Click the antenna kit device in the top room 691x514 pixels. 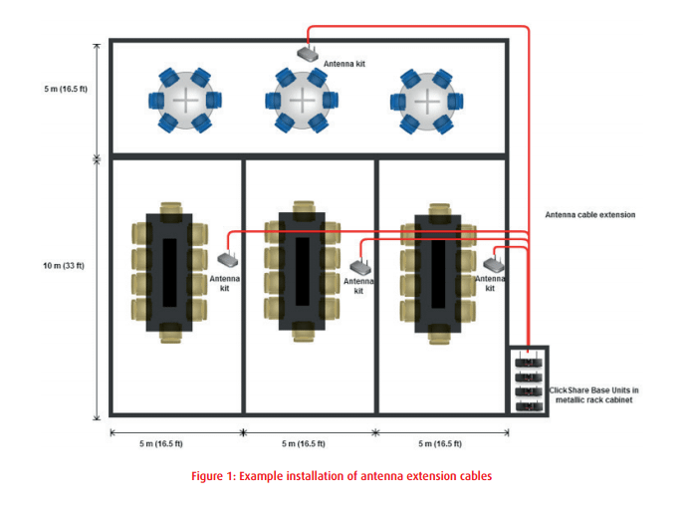(x=307, y=53)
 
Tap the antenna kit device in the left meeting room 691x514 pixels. (x=224, y=259)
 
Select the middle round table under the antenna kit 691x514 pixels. (x=301, y=101)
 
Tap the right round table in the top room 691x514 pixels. (x=425, y=101)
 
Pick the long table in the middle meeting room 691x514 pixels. (x=301, y=272)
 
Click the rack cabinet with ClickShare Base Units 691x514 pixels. (x=528, y=380)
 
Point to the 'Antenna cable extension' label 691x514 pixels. (x=589, y=215)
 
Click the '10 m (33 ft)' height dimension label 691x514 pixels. (x=64, y=265)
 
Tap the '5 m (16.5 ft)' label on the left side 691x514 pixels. (x=65, y=90)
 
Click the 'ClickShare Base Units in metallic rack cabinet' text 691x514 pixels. (x=596, y=394)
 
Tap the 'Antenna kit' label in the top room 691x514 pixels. (x=344, y=64)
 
